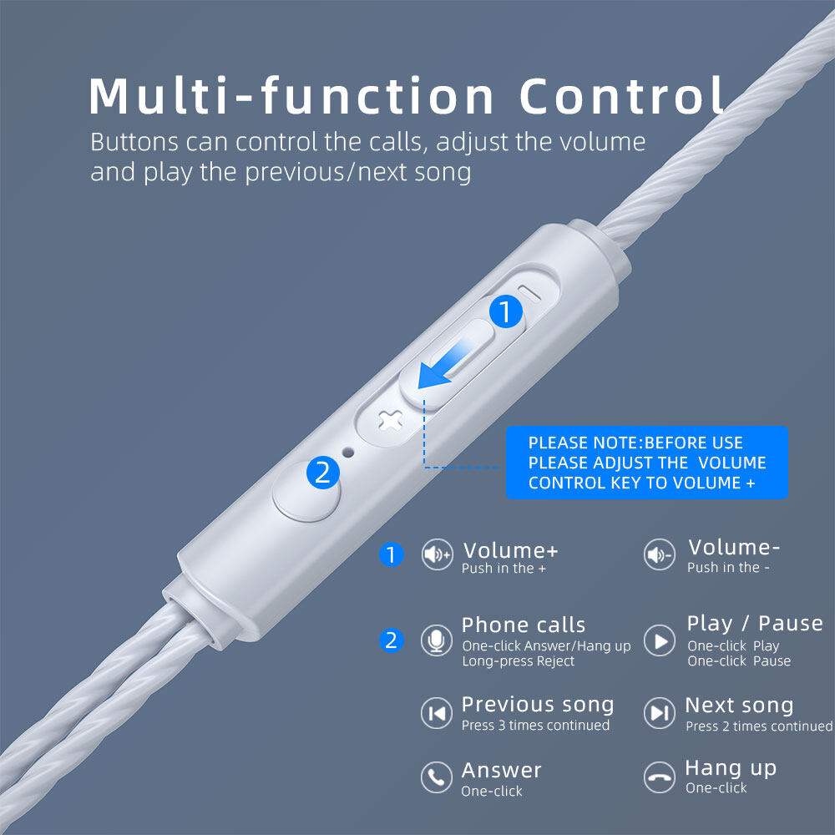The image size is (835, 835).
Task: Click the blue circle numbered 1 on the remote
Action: coord(505,311)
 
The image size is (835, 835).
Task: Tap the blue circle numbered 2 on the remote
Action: coord(322,472)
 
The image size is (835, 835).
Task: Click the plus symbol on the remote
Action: coord(389,422)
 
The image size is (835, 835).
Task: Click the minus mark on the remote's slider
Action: coord(529,292)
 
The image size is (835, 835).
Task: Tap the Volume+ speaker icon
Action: coord(437,554)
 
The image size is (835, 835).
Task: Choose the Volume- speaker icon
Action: coord(660,554)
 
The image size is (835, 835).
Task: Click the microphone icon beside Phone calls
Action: coord(437,640)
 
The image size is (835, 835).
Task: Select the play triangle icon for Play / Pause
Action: coord(660,640)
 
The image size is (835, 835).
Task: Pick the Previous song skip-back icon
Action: coord(437,712)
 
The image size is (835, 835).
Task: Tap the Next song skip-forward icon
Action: coord(660,712)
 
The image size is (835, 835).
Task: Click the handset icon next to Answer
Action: coord(437,777)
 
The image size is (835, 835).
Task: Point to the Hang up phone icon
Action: coord(660,777)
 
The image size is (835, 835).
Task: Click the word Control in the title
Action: coord(622,96)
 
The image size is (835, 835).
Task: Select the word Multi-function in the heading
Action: coord(291,96)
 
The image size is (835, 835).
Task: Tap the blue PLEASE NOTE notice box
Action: coord(646,463)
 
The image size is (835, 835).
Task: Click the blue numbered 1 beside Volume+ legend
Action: coord(391,554)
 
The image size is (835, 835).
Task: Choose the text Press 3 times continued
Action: coord(535,726)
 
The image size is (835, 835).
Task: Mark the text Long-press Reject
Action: coord(519,661)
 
